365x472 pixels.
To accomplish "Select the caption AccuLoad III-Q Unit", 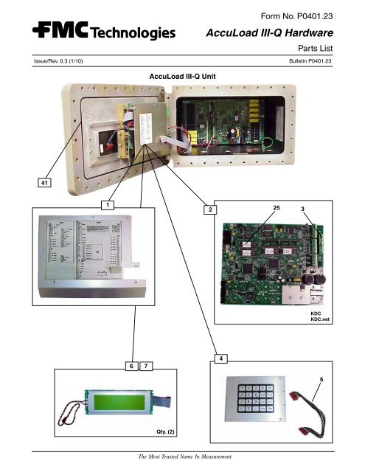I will pyautogui.click(x=182, y=76).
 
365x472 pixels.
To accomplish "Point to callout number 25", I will pyautogui.click(x=277, y=209).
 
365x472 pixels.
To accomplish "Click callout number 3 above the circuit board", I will pyautogui.click(x=302, y=209).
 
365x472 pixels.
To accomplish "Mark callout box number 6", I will pyautogui.click(x=131, y=366).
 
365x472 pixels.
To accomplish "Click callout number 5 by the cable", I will pyautogui.click(x=321, y=378).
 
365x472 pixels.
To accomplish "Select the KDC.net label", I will pyautogui.click(x=320, y=320).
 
